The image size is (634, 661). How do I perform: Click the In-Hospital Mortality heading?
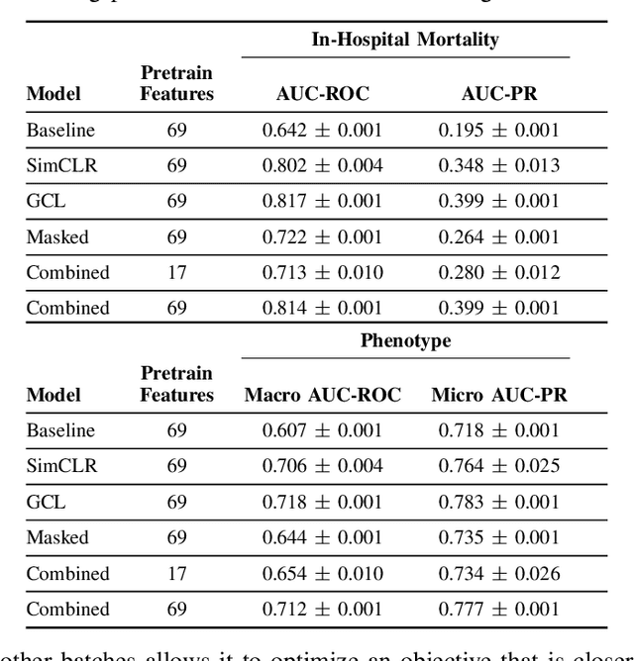click(x=405, y=41)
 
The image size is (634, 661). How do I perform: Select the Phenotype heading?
click(x=405, y=341)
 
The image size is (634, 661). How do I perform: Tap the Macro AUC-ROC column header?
click(x=323, y=395)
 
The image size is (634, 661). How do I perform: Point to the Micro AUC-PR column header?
click(x=499, y=395)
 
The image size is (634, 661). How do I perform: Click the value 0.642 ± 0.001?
click(x=322, y=130)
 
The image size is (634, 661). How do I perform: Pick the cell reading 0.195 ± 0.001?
click(x=498, y=130)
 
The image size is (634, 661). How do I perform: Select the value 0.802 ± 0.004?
click(x=322, y=165)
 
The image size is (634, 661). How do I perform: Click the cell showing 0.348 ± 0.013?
click(x=498, y=165)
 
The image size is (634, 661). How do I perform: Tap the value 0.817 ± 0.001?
click(x=322, y=201)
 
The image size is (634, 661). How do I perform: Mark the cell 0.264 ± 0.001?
click(x=498, y=236)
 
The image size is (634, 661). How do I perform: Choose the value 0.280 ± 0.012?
click(x=498, y=272)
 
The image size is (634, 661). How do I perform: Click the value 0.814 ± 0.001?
click(x=322, y=308)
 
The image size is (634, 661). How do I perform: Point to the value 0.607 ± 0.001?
click(x=322, y=430)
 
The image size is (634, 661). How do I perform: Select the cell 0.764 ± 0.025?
click(x=498, y=466)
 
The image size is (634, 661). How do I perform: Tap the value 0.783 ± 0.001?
click(x=498, y=502)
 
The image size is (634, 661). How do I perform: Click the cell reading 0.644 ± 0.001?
click(x=322, y=537)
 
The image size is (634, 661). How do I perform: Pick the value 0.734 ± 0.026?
click(x=498, y=573)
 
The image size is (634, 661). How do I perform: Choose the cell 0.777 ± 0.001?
click(x=498, y=609)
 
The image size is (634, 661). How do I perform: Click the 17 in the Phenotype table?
click(x=176, y=573)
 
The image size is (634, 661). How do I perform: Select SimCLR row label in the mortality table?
click(x=61, y=165)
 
